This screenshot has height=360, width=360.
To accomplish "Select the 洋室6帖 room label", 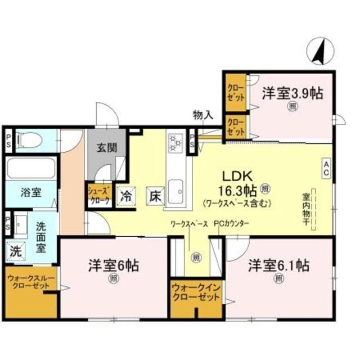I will point(114,265).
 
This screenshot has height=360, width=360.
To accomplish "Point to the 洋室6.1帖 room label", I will point(280,264).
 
